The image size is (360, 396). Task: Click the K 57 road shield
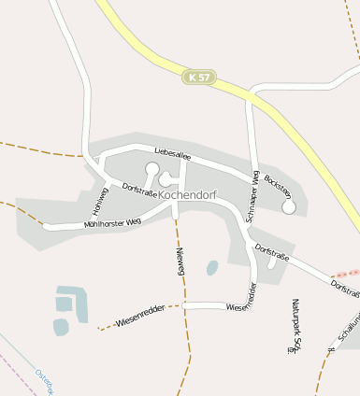198,77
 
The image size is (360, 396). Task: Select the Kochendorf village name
189,195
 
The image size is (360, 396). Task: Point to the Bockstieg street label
278,185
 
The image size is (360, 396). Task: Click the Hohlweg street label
101,198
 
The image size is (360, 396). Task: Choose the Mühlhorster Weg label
112,222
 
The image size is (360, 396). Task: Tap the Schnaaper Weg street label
251,197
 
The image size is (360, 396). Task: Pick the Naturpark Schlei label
296,327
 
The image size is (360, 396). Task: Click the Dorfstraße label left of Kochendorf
140,190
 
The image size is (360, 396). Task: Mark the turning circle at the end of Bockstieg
289,206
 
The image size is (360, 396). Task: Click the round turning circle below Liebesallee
151,169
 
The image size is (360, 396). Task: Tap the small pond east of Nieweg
212,268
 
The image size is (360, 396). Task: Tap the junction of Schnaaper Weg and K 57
251,93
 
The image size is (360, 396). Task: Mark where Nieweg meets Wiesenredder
184,305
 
